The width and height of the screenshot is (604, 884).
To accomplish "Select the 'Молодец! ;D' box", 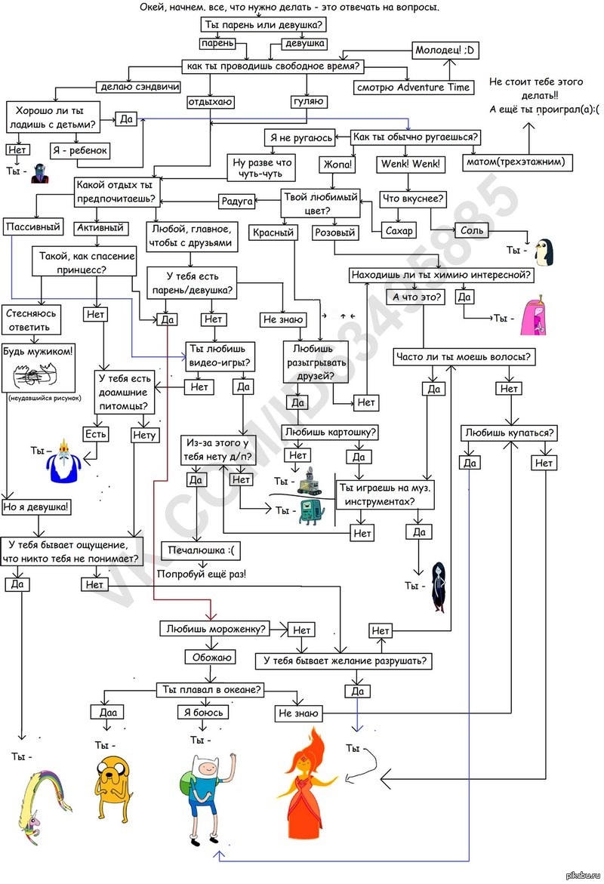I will (448, 51).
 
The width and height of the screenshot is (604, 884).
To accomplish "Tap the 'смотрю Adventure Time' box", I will (414, 87).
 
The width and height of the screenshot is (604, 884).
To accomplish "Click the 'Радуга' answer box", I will (236, 201).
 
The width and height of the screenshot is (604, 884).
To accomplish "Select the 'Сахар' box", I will (398, 231).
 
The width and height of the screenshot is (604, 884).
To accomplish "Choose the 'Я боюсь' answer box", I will (202, 712).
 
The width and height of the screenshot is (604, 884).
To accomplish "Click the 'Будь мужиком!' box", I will (39, 351).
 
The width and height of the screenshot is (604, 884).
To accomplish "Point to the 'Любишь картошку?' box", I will (331, 433).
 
